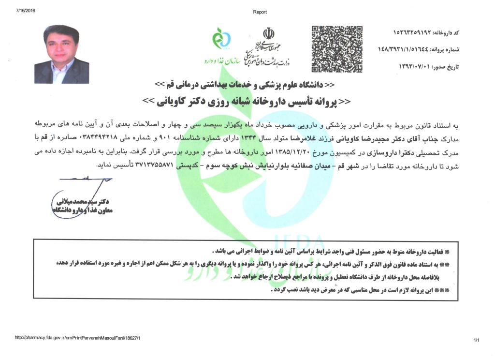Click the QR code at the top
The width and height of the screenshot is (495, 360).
(x=337, y=49)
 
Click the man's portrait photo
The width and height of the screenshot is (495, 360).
(x=62, y=54)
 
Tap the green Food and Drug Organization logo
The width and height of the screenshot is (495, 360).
(x=222, y=40)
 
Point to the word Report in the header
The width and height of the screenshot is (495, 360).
(x=260, y=12)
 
